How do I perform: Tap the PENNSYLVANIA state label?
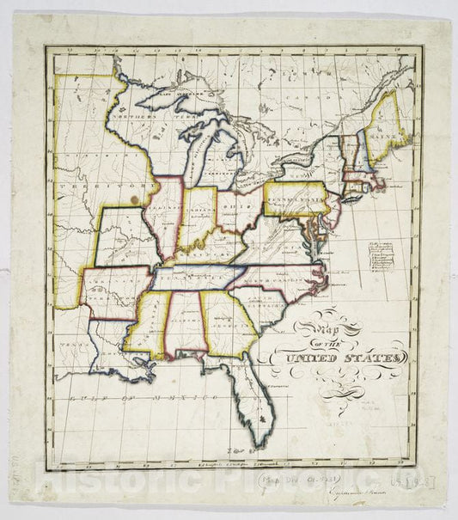pos(294,199)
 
